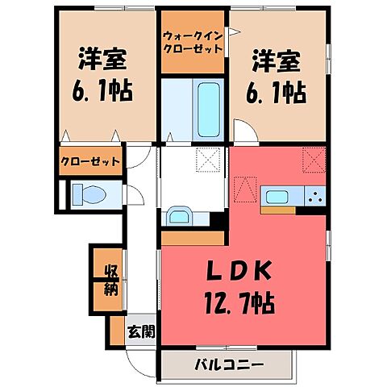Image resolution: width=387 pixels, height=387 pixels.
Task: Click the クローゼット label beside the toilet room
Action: pos(91,160)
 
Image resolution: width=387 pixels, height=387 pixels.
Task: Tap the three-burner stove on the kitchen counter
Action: pos(315,196)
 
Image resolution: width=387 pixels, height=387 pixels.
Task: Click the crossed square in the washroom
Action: pos(209,160)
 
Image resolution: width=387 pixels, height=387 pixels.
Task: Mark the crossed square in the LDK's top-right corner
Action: pos(313,158)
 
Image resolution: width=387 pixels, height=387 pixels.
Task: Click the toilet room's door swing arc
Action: pos(134,193)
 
